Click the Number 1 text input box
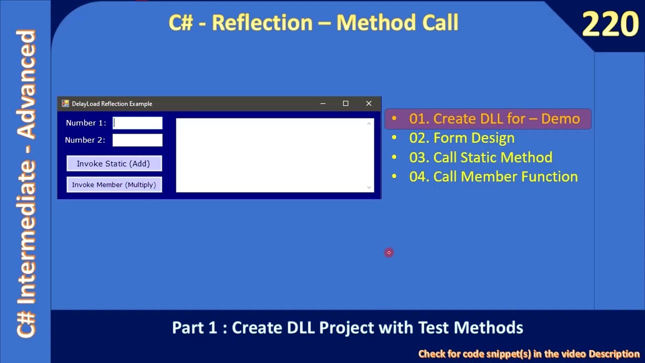(138, 123)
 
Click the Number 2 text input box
(138, 140)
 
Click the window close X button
(369, 103)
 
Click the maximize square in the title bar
(346, 103)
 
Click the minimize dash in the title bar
(323, 104)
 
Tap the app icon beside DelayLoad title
(65, 103)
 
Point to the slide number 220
(610, 25)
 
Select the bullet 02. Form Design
(462, 138)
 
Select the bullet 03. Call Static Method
(480, 157)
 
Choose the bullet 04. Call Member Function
(493, 176)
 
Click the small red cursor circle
(389, 252)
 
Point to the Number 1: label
(86, 123)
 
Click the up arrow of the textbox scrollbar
(369, 124)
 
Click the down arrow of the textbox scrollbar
(369, 187)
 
